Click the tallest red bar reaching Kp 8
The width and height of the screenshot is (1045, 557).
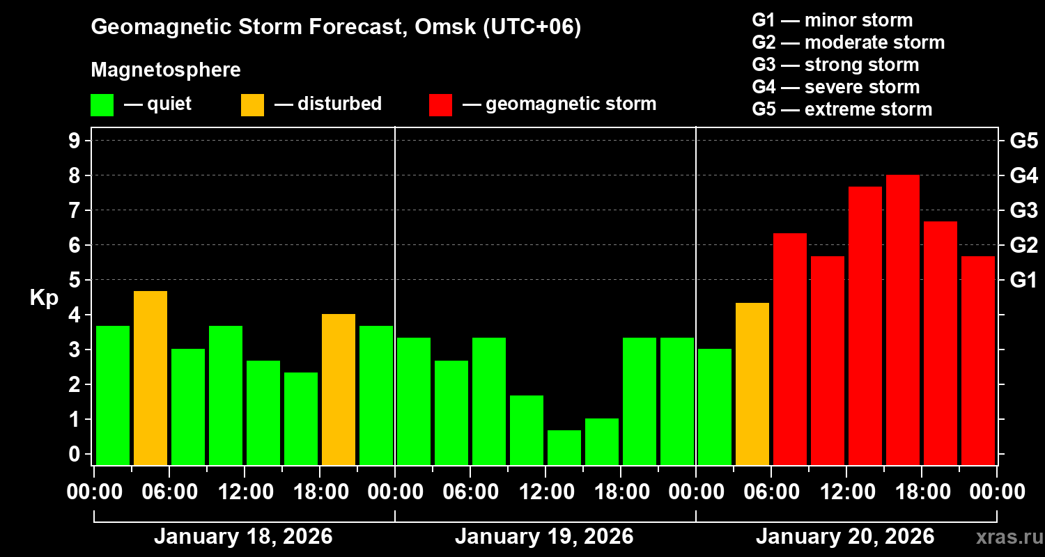click(903, 320)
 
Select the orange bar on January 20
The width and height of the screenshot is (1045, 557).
click(752, 384)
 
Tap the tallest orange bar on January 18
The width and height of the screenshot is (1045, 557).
click(150, 378)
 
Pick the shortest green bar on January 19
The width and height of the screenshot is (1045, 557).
click(564, 448)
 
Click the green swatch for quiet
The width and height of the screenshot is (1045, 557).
click(102, 104)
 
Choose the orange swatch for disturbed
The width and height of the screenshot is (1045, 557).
click(252, 104)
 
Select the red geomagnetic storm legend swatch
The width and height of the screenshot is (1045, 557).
click(441, 104)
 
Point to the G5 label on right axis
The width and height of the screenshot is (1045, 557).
click(1023, 141)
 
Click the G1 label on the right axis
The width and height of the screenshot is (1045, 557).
click(1023, 281)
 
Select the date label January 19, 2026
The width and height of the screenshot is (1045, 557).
click(544, 537)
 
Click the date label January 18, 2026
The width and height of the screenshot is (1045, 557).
click(243, 537)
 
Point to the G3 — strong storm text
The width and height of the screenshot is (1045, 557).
click(835, 65)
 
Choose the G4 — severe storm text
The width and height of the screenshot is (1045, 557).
click(835, 87)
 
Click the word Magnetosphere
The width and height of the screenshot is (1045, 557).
click(166, 70)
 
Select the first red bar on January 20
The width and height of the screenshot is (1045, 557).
click(790, 349)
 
